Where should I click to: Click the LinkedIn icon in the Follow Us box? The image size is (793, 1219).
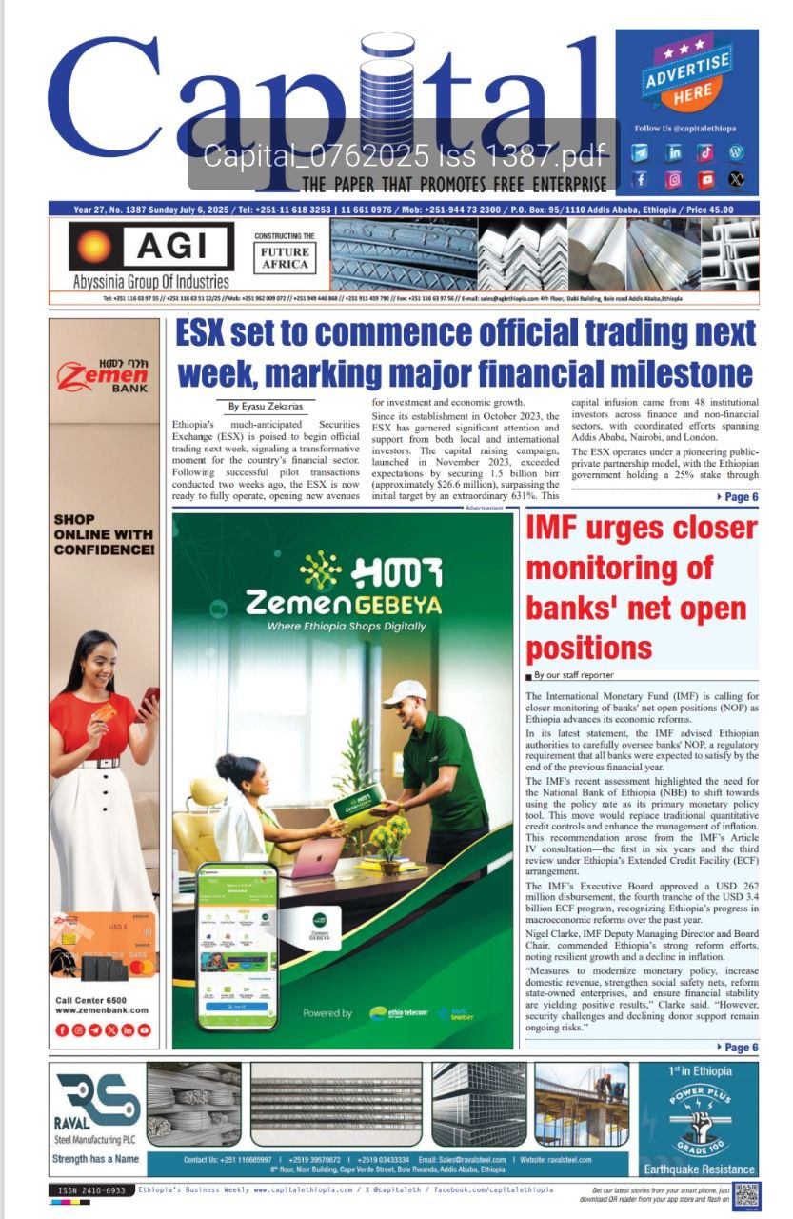tap(674, 152)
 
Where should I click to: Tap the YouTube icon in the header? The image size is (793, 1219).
tap(705, 178)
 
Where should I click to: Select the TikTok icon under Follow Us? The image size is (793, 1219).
tap(705, 152)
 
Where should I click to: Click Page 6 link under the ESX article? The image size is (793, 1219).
tap(737, 497)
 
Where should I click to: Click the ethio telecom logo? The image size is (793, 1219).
tap(398, 1012)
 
